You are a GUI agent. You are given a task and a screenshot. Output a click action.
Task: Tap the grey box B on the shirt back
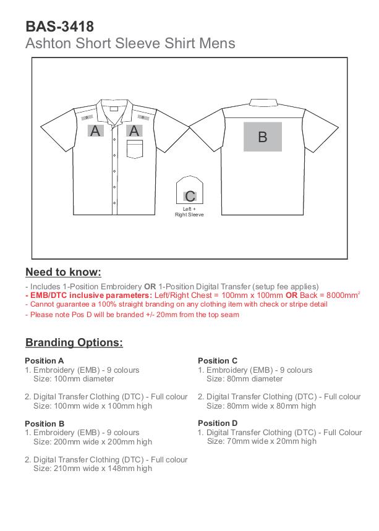262,137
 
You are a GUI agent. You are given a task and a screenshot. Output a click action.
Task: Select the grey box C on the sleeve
190,197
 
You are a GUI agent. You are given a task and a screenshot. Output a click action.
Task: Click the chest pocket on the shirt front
135,150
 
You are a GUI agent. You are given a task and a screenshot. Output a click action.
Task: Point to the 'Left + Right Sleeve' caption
189,212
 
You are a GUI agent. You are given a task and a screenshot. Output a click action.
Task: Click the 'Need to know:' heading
63,273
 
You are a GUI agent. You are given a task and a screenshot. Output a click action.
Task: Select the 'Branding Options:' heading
74,342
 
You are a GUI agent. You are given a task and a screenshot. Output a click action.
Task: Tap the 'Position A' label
45,361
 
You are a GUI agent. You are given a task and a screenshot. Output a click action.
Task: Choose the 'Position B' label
45,424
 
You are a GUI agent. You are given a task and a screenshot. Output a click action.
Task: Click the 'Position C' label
218,361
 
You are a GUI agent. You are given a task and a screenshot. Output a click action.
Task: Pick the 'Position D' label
218,423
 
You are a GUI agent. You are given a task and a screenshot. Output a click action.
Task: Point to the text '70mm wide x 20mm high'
262,441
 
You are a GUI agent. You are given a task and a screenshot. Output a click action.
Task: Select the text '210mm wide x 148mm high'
92,469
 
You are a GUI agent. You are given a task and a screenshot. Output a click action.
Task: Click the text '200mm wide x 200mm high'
92,442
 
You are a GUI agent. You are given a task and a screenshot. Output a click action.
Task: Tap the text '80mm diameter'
244,379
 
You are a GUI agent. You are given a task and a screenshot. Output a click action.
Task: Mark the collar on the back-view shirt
262,101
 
